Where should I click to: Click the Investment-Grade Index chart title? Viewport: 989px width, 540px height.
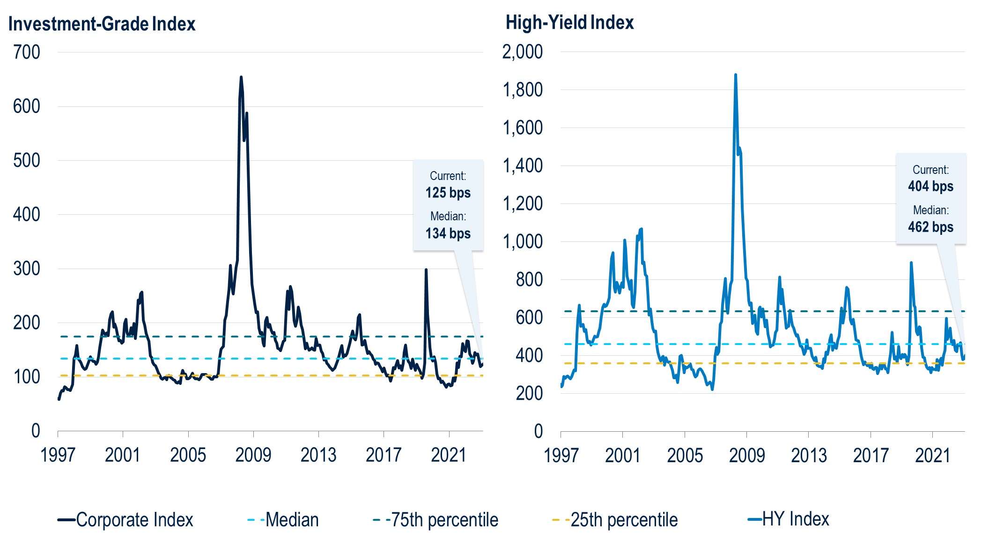pyautogui.click(x=102, y=24)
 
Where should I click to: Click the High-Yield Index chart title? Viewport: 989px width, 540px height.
pyautogui.click(x=569, y=22)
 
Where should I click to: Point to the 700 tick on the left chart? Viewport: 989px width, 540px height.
pyautogui.click(x=27, y=52)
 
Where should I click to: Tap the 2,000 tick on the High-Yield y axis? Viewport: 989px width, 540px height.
pyautogui.click(x=523, y=52)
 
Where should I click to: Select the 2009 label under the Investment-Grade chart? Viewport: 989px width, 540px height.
pyautogui.click(x=253, y=455)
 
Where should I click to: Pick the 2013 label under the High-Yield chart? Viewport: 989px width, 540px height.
pyautogui.click(x=809, y=455)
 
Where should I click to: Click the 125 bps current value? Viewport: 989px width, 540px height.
pyautogui.click(x=448, y=193)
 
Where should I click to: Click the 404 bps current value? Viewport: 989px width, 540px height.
pyautogui.click(x=931, y=186)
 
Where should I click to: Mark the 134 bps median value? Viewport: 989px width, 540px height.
pyautogui.click(x=448, y=233)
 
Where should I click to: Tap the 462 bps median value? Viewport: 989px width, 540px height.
pyautogui.click(x=931, y=227)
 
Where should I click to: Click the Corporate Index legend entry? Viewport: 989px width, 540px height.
pyautogui.click(x=125, y=520)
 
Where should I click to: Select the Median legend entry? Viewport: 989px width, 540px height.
pyautogui.click(x=283, y=520)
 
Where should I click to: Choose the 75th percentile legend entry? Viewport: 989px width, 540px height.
pyautogui.click(x=435, y=520)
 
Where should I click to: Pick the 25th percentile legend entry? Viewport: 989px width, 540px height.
pyautogui.click(x=615, y=520)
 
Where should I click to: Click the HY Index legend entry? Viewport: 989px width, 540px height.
pyautogui.click(x=789, y=519)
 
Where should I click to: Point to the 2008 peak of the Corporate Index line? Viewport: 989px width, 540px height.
pyautogui.click(x=241, y=77)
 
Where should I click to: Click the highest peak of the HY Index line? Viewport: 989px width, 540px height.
pyautogui.click(x=736, y=75)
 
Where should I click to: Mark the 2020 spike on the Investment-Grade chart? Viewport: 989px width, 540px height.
pyautogui.click(x=426, y=270)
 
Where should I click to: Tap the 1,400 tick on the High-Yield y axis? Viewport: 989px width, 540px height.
pyautogui.click(x=523, y=165)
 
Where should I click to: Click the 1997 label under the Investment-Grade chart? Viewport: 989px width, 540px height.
pyautogui.click(x=58, y=455)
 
